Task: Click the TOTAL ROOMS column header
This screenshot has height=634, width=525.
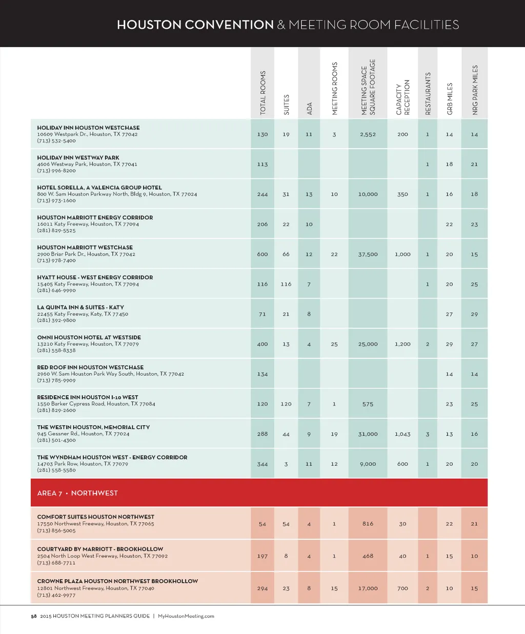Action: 263,93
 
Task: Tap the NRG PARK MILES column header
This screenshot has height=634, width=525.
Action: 475,90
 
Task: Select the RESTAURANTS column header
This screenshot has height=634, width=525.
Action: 428,93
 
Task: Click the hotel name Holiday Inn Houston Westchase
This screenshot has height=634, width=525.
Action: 88,128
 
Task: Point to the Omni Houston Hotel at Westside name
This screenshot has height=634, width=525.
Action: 89,337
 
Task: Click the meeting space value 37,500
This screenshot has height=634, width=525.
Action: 368,254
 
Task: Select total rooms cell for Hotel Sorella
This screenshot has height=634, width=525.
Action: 262,194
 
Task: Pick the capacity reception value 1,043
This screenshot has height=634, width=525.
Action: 402,434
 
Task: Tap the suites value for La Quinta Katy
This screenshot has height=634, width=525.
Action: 286,314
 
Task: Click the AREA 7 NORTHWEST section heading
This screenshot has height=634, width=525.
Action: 77,493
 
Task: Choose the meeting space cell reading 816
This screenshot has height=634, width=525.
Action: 368,524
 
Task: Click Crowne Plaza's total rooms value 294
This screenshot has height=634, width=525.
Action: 262,588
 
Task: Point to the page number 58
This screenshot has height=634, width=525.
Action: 34,616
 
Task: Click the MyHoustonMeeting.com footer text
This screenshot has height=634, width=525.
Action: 186,616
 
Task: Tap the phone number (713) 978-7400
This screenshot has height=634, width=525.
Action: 56,260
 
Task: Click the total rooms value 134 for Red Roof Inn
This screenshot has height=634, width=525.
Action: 262,374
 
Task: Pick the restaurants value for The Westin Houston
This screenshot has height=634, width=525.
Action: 428,434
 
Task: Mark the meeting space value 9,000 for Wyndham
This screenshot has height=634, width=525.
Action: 368,464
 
